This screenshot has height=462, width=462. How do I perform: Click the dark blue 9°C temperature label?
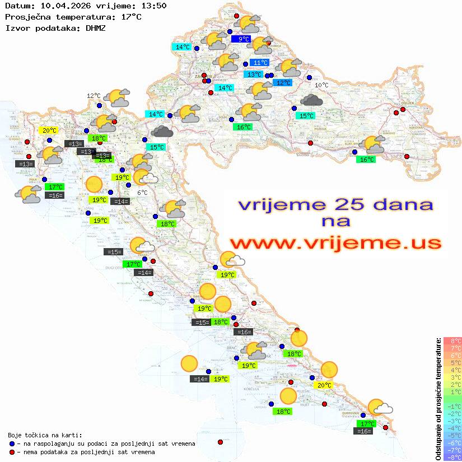point(244,39)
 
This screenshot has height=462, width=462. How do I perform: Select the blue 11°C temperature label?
point(260,63)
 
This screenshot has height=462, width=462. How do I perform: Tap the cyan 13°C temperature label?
point(254,74)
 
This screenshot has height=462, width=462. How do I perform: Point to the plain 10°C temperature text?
point(321,85)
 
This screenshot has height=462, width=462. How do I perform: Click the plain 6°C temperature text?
point(142,193)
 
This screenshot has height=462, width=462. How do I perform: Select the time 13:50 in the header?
point(153,6)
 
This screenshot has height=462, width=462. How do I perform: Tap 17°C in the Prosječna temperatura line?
point(132,17)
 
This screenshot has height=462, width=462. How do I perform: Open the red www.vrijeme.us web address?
point(335,243)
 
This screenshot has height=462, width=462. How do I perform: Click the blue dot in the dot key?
point(12,444)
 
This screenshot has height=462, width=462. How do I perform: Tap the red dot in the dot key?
point(12,451)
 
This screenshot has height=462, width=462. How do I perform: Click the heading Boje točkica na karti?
point(45,435)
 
